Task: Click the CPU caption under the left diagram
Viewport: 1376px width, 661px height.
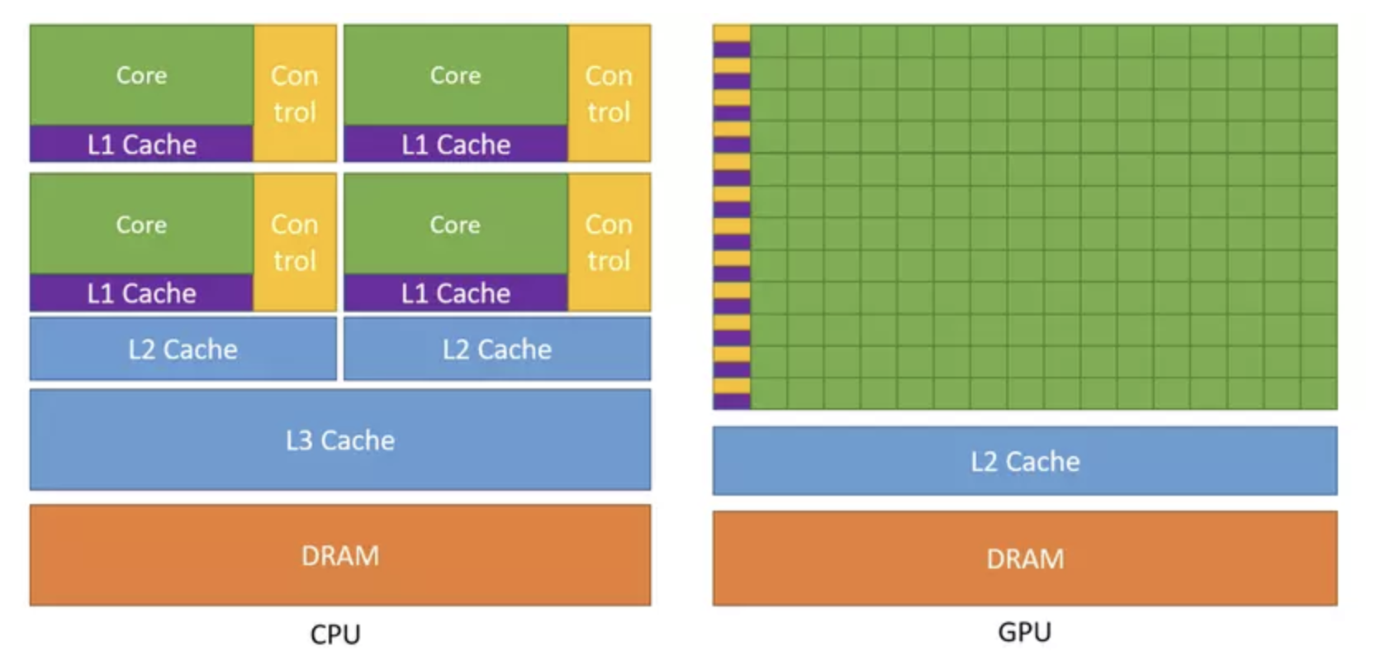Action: tap(335, 634)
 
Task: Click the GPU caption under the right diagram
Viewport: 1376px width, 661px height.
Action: tap(1024, 631)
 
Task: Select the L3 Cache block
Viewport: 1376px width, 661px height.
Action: tap(339, 440)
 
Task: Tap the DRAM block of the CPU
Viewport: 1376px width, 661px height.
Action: tap(339, 555)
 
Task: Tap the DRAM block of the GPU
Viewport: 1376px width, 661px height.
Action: tap(1024, 559)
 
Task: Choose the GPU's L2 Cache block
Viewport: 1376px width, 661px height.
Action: tap(1024, 461)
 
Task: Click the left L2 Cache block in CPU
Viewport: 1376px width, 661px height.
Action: tap(183, 349)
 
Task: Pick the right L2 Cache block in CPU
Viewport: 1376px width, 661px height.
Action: tap(496, 349)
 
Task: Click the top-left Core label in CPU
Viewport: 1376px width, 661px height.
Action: tap(141, 75)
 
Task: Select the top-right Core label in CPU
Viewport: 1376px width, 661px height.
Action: tap(455, 75)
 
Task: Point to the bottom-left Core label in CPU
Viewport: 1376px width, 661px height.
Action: tap(141, 224)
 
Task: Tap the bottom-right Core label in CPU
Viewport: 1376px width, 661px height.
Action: tap(455, 224)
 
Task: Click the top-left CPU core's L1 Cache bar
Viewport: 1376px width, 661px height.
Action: tap(141, 145)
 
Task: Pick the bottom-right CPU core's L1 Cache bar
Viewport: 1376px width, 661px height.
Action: tap(455, 293)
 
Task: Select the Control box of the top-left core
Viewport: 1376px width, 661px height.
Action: tap(295, 93)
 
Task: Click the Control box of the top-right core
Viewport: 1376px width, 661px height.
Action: tap(609, 93)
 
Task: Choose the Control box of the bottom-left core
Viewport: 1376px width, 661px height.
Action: tap(295, 242)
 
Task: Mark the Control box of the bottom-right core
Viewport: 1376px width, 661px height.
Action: tap(609, 242)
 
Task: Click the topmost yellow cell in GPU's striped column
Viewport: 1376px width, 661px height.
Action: tap(732, 33)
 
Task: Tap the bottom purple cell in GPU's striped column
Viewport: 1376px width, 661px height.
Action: tap(732, 402)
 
